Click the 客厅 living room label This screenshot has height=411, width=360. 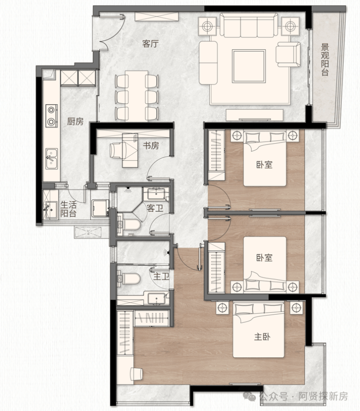pos(150,43)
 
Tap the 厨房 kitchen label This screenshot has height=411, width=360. pos(75,121)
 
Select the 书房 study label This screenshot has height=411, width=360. pos(151,145)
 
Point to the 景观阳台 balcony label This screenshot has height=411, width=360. pos(325,60)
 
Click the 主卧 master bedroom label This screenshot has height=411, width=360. pos(262,336)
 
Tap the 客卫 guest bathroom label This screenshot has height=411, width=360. pos(155,208)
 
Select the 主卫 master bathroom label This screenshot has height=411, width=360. pos(161,276)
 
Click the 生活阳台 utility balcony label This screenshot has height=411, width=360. pos(68,209)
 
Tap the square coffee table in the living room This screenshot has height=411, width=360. pos(249,66)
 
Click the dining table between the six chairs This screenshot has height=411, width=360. pos(136,96)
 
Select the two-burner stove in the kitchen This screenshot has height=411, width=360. pos(52,115)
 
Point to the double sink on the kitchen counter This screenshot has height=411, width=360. pos(52,159)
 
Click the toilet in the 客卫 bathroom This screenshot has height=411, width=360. pos(128,225)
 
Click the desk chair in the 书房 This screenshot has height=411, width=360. pos(116,150)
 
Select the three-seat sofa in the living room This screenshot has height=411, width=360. pos(249,25)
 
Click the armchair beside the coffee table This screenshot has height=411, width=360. pos(288,55)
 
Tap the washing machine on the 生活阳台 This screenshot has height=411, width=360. pos(100,208)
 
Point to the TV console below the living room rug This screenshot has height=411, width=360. pos(254,115)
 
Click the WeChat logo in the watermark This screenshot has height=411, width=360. pos(249,396)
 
